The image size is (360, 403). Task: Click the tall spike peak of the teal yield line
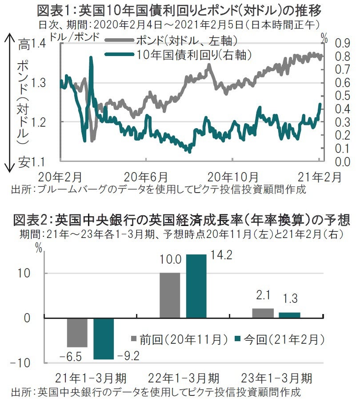pos(91,58)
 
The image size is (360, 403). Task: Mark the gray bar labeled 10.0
pos(170,295)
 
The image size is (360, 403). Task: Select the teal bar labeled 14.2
pos(196,286)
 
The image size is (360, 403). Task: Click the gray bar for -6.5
pos(77,332)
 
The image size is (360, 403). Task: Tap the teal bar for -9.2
pos(104,339)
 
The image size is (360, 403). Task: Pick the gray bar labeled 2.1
pos(263,313)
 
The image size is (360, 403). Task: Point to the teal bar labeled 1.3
pos(289,315)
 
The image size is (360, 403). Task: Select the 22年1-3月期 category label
pos(184,379)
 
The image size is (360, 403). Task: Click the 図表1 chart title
pos(180,9)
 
